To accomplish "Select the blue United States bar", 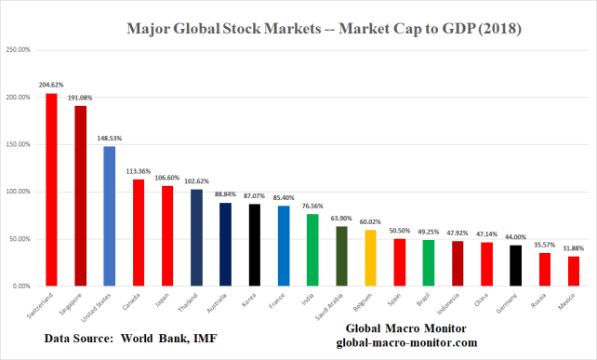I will pyautogui.click(x=110, y=216).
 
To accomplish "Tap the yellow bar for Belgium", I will pyautogui.click(x=370, y=258).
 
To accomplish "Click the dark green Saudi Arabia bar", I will pyautogui.click(x=341, y=256).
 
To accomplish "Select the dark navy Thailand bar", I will pyautogui.click(x=196, y=237).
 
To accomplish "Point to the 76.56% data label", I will pyautogui.click(x=312, y=206).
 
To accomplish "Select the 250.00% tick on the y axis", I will pyautogui.click(x=19, y=49).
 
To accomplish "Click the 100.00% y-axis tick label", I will pyautogui.click(x=19, y=192).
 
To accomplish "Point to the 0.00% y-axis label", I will pyautogui.click(x=21, y=287).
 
